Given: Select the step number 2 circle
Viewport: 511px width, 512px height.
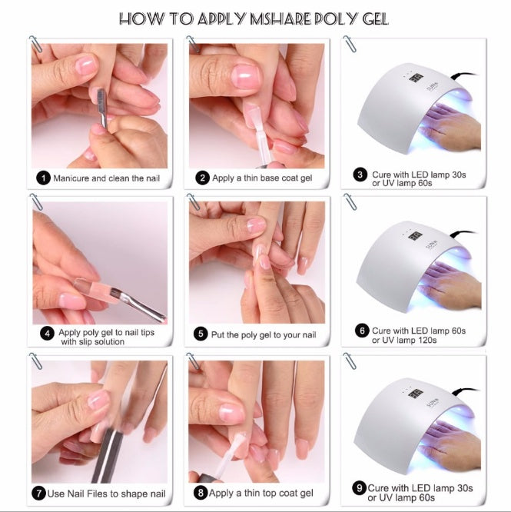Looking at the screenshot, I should [x=202, y=178].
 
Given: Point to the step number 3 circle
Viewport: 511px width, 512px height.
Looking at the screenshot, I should [x=360, y=175].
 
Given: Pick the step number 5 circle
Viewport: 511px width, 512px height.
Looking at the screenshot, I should [x=201, y=334].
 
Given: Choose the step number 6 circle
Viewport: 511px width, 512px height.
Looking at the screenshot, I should [x=360, y=331].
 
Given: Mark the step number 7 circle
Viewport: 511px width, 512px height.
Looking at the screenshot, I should [x=39, y=492].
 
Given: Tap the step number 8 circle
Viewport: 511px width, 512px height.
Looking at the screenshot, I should [x=200, y=492].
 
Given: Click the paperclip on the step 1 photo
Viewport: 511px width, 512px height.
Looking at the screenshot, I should [x=35, y=44].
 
